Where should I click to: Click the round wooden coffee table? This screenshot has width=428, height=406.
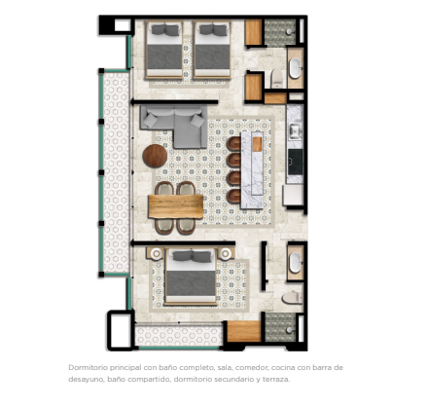pyautogui.click(x=155, y=156)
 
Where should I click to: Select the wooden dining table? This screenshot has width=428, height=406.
pyautogui.click(x=176, y=206)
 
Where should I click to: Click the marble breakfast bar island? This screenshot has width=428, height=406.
pyautogui.click(x=252, y=169)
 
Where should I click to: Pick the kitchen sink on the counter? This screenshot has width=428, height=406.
pyautogui.click(x=295, y=131)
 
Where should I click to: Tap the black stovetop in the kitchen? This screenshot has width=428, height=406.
pyautogui.click(x=296, y=162)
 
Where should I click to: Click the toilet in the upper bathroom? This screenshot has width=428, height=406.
pyautogui.click(x=277, y=79)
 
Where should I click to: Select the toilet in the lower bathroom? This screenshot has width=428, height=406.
pyautogui.click(x=292, y=298)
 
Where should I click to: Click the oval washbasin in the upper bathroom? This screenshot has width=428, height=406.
pyautogui.click(x=295, y=68)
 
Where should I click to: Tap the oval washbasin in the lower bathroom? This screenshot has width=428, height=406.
pyautogui.click(x=295, y=262)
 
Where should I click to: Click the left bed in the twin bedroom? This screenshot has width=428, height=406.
pyautogui.click(x=164, y=50)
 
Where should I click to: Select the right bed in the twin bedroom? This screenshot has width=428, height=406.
pyautogui.click(x=212, y=50)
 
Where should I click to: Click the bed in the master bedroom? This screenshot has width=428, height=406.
pyautogui.click(x=191, y=277)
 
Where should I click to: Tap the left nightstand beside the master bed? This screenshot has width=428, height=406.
pyautogui.click(x=157, y=253)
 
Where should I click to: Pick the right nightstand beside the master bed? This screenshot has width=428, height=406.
pyautogui.click(x=226, y=253)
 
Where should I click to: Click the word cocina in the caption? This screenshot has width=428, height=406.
pyautogui.click(x=281, y=368)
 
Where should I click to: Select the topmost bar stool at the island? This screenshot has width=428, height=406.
pyautogui.click(x=233, y=143)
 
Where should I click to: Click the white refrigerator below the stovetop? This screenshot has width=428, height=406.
pyautogui.click(x=293, y=195)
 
